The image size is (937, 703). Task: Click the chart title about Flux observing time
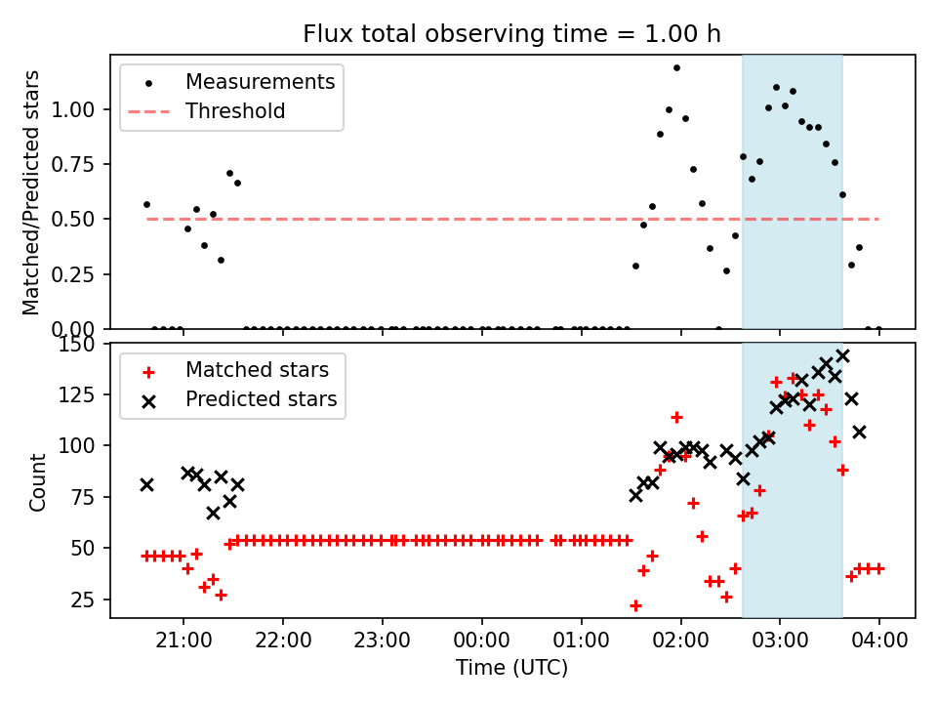click(511, 34)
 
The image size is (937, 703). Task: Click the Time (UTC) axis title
click(511, 669)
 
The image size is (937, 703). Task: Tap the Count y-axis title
click(38, 481)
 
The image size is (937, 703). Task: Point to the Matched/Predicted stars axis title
click(32, 192)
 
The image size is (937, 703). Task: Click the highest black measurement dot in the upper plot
click(676, 67)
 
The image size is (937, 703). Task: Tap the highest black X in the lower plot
click(842, 355)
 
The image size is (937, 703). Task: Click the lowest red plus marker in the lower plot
click(635, 605)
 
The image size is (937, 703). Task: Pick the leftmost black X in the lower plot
click(146, 484)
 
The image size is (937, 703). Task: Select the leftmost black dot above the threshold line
click(146, 204)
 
